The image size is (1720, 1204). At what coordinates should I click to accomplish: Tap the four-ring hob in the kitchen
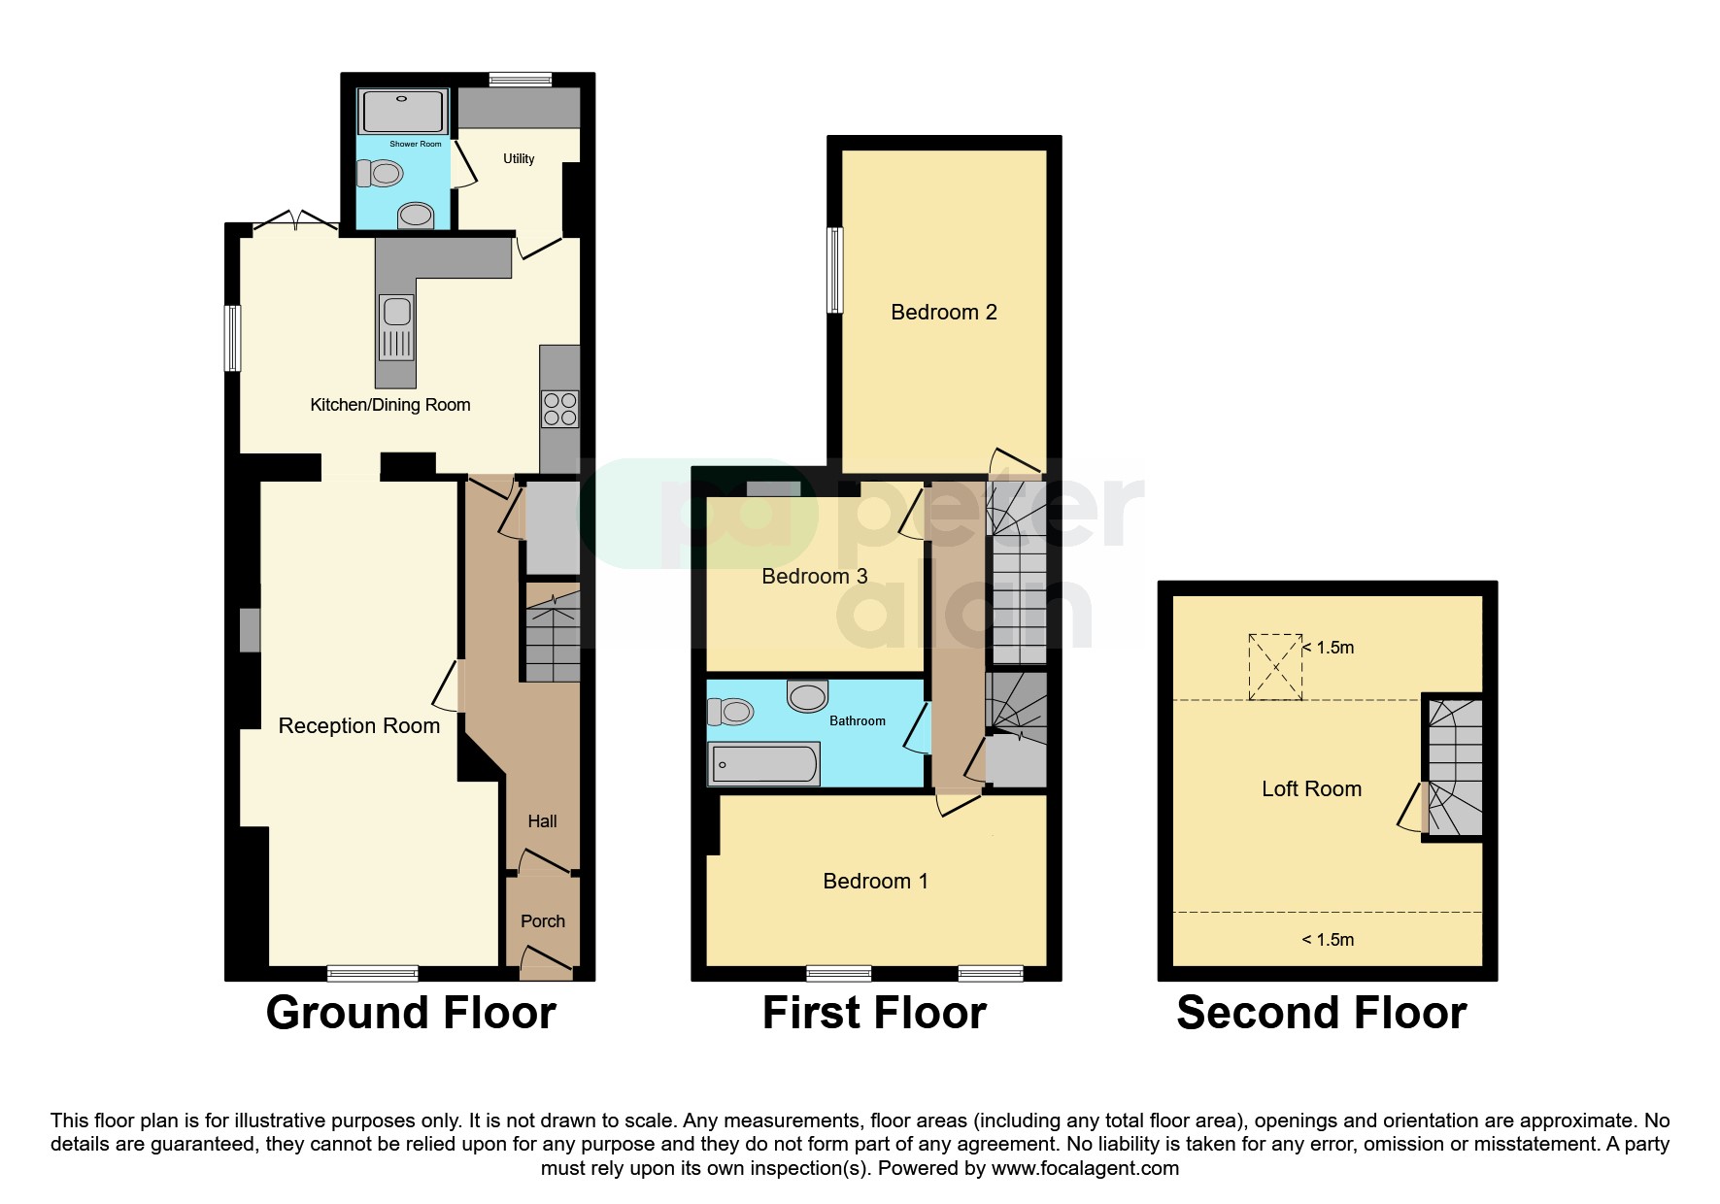560,409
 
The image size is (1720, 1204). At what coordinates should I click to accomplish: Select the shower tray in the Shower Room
403,112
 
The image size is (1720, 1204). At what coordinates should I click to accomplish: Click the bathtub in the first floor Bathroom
764,764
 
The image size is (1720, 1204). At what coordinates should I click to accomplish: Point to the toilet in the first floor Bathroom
731,712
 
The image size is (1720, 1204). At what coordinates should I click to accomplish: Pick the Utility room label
519,158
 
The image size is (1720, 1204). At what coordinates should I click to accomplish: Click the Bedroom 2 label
943,312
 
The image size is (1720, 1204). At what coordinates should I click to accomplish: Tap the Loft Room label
1311,788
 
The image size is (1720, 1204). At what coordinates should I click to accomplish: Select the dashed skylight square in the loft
1274,666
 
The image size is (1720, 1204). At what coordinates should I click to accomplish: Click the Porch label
542,920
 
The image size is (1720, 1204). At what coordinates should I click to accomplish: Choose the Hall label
542,821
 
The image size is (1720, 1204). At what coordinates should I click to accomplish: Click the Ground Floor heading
410,1013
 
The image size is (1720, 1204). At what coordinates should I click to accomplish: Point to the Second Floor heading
1321,1013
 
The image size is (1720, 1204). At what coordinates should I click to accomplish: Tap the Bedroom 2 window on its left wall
835,270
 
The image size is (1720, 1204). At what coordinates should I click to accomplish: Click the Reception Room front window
373,972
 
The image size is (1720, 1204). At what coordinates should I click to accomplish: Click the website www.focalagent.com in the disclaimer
1085,1168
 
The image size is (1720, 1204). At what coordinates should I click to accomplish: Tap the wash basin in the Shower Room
416,215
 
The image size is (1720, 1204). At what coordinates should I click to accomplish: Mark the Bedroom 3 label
814,576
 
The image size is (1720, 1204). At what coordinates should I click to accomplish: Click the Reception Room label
358,725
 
